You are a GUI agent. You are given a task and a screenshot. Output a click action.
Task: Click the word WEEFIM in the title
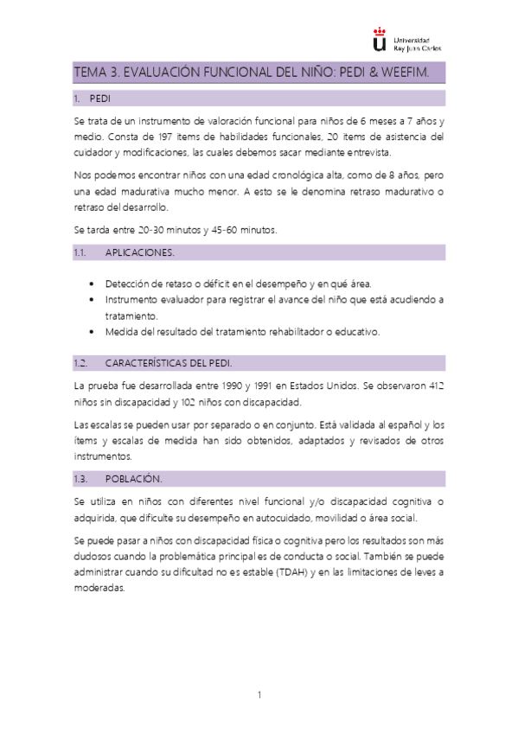pyautogui.click(x=414, y=73)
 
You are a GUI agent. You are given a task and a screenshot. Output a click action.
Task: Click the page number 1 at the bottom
pyautogui.click(x=259, y=694)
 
